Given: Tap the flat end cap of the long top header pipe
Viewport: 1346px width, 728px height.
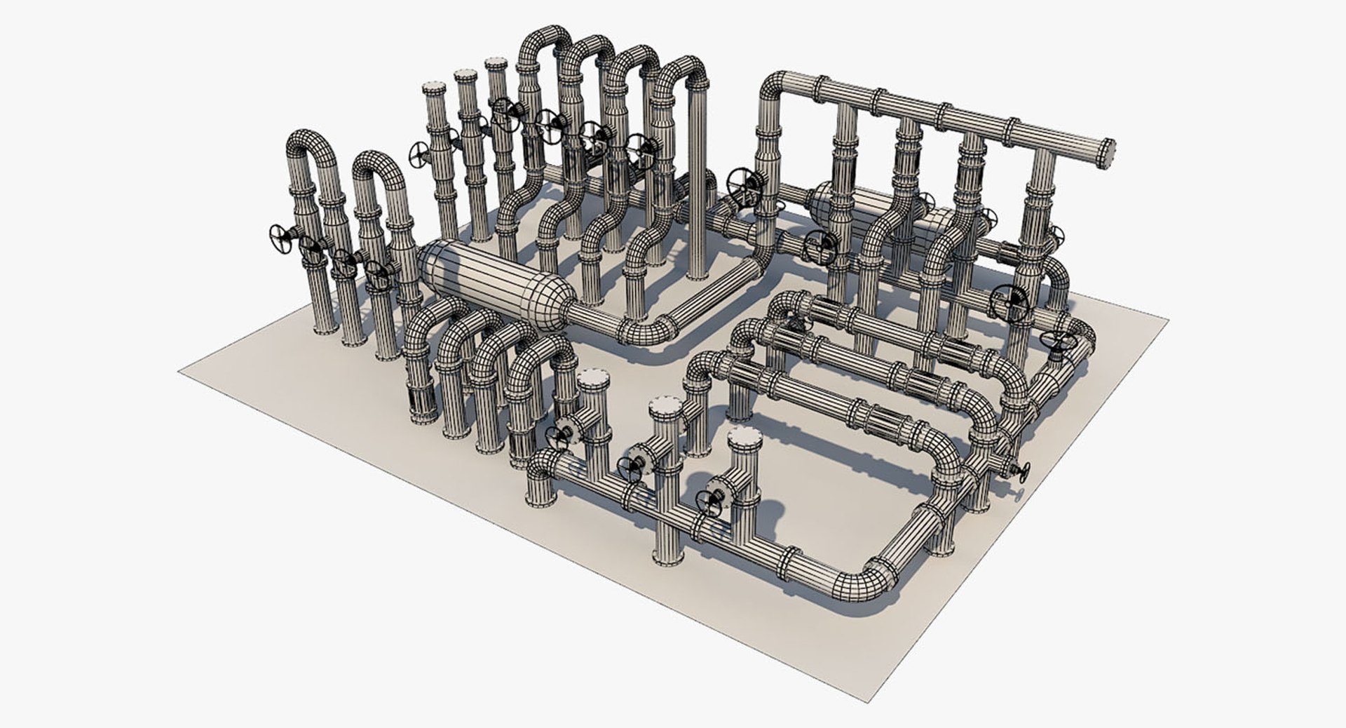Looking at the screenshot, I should tap(1108, 154).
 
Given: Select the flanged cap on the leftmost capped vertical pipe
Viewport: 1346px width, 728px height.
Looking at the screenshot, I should tap(434, 89).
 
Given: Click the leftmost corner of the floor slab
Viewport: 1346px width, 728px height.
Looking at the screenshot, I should tap(181, 370).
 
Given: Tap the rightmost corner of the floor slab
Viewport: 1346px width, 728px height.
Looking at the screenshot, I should tap(1167, 320).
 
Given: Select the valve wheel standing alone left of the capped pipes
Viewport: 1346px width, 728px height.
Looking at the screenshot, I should tap(420, 154).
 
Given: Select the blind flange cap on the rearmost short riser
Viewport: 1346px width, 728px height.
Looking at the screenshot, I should tap(594, 379).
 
